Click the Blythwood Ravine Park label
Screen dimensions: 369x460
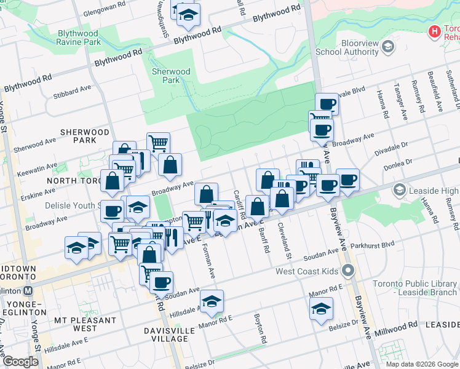tap(79, 38)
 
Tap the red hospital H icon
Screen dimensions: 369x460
tap(435, 31)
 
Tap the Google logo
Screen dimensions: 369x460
tap(21, 362)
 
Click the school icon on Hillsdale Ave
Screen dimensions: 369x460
tap(212, 300)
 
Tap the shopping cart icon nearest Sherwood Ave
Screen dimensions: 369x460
tap(158, 143)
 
